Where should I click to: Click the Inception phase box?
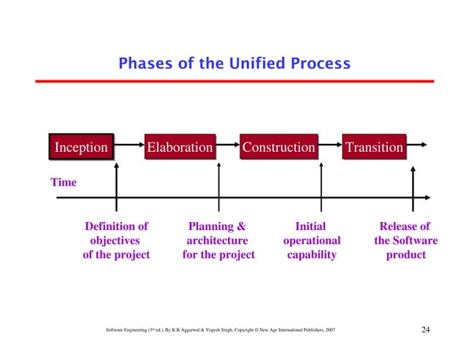[x=81, y=148]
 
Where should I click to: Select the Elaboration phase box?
[x=180, y=148]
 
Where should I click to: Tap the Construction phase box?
[x=278, y=148]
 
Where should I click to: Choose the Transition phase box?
[x=374, y=148]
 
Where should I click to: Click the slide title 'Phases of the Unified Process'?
[x=234, y=64]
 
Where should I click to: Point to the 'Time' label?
[x=63, y=182]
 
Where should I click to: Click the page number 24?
[x=427, y=331]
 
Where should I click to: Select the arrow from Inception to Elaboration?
[x=128, y=147]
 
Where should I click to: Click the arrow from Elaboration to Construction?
[x=228, y=147]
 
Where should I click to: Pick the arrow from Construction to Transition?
[x=330, y=147]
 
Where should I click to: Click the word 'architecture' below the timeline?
[x=217, y=240]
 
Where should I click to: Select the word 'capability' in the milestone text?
[x=311, y=255]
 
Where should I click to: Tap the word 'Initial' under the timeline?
[x=310, y=226]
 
